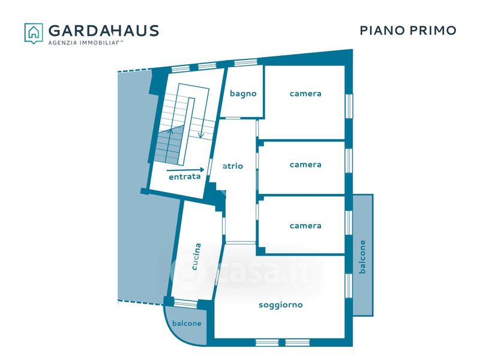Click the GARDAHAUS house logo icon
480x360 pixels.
tap(34, 32)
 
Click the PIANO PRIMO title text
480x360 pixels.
tap(408, 31)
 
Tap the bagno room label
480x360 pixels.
tap(243, 94)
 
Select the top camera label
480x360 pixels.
tap(305, 94)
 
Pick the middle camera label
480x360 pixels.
tap(305, 165)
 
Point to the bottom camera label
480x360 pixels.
tap(305, 226)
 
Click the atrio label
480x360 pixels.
tap(233, 166)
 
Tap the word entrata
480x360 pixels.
tap(184, 177)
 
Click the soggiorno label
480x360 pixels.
tap(280, 305)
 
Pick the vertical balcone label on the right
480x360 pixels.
tap(362, 257)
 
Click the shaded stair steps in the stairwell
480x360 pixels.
tap(167, 147)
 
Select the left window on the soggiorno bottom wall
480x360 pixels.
tap(267, 343)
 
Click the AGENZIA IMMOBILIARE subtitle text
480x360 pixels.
tap(85, 43)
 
